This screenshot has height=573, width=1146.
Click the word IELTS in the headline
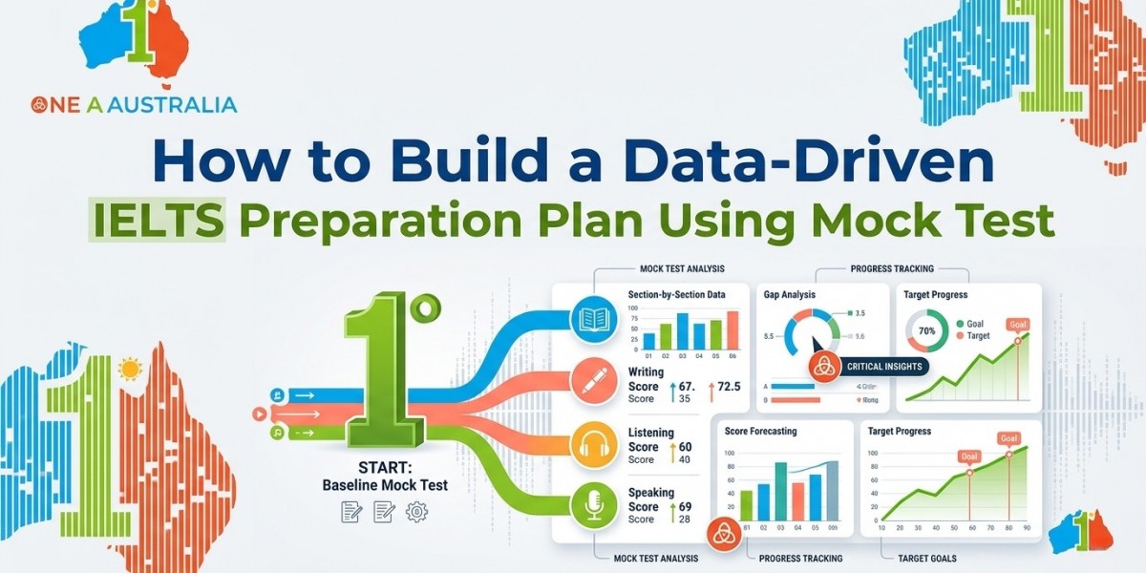[x=159, y=221]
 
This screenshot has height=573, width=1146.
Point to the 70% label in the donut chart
[x=926, y=331]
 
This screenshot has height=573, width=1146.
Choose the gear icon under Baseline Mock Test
[x=416, y=512]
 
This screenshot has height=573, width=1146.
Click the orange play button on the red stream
[x=258, y=414]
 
